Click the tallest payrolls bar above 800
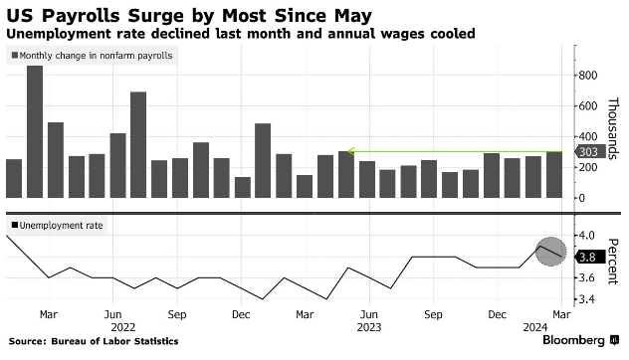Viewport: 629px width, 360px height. (35, 131)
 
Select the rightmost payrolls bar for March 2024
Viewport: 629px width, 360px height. (554, 175)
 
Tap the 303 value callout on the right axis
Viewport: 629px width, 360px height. (589, 152)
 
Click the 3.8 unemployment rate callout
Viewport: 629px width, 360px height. (589, 257)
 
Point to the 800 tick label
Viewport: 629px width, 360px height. (587, 76)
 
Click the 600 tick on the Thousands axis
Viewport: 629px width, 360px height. (587, 106)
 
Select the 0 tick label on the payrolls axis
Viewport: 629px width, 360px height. (581, 198)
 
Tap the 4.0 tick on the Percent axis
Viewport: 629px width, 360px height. (586, 235)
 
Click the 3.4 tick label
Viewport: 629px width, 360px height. (586, 299)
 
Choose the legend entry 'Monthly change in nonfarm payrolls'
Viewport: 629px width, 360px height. (93, 56)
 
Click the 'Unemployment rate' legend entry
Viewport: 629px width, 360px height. (57, 226)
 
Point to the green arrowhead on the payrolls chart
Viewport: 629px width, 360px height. (350, 151)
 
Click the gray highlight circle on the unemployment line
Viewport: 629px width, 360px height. (551, 252)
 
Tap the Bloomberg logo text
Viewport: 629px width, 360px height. (573, 340)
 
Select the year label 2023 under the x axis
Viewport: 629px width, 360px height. (369, 327)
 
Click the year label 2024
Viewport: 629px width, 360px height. (535, 327)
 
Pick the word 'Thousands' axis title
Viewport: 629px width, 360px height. (612, 128)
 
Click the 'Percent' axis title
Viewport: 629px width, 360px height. (612, 262)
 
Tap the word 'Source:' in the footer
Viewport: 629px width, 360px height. (27, 341)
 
